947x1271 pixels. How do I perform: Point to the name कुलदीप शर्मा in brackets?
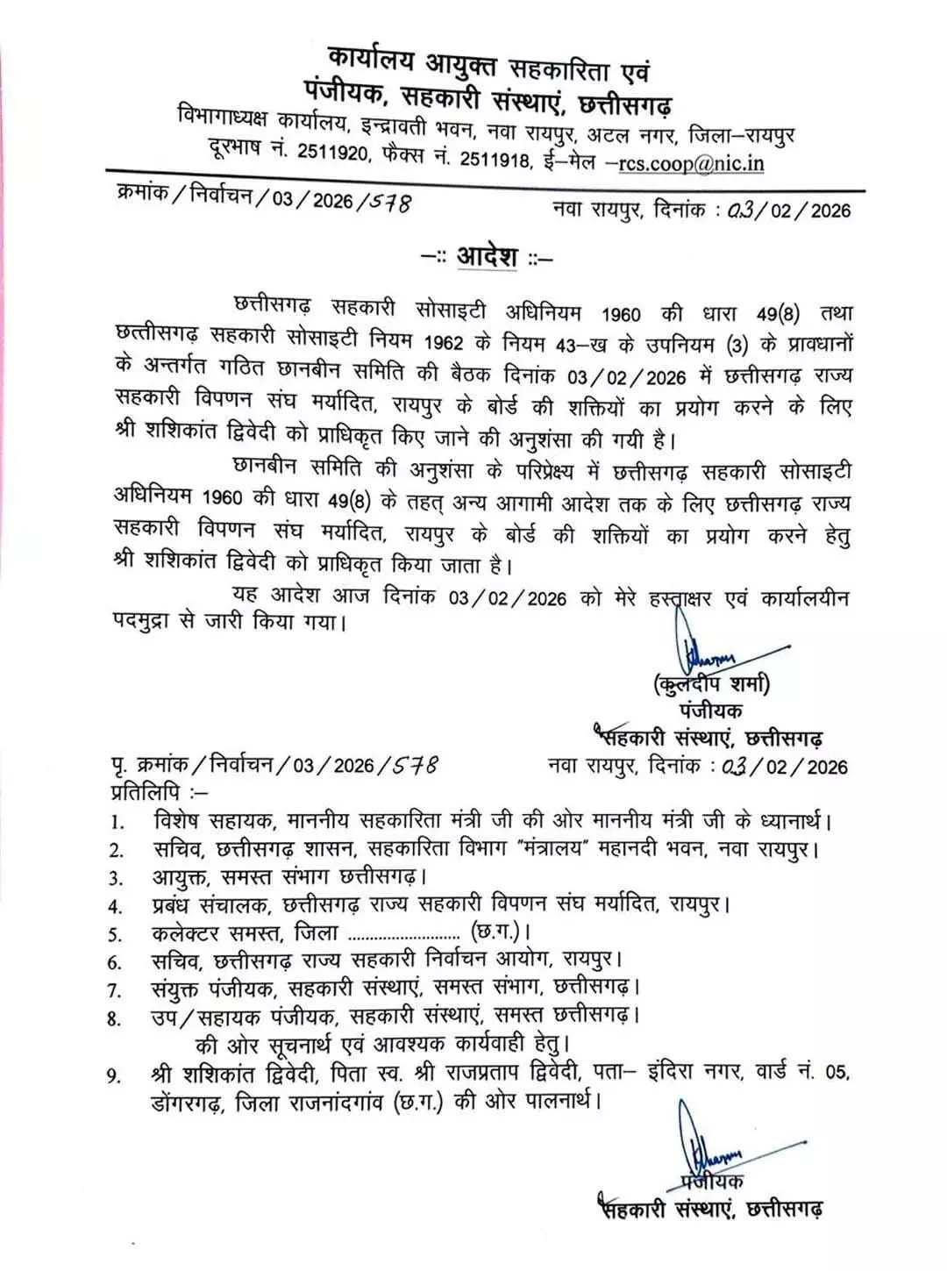(x=711, y=684)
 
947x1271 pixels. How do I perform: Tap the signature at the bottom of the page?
(x=701, y=1146)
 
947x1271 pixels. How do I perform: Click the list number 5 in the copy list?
(x=116, y=935)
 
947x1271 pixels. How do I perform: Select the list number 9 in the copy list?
(x=115, y=1075)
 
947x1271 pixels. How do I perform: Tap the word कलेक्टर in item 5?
(x=185, y=932)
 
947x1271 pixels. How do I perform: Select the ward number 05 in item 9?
(x=837, y=1072)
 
